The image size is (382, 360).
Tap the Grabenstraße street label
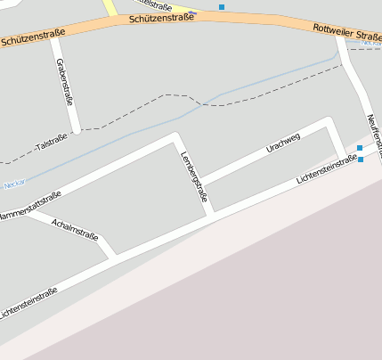pyautogui.click(x=63, y=82)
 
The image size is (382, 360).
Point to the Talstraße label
pyautogui.click(x=51, y=140)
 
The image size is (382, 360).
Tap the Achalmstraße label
pyautogui.click(x=74, y=229)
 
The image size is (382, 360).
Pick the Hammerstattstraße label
pyautogui.click(x=28, y=206)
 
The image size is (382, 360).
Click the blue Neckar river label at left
pyautogui.click(x=13, y=184)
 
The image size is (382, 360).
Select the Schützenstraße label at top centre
pyautogui.click(x=161, y=18)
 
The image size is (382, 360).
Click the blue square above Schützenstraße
pyautogui.click(x=221, y=7)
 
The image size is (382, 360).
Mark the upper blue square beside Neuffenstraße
pyautogui.click(x=359, y=148)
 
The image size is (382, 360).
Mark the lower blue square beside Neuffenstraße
pyautogui.click(x=360, y=160)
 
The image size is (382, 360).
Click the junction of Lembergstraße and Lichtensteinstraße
pyautogui.click(x=212, y=215)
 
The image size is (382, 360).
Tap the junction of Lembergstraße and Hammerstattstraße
pyautogui.click(x=175, y=138)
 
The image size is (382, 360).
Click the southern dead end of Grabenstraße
pyautogui.click(x=77, y=130)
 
